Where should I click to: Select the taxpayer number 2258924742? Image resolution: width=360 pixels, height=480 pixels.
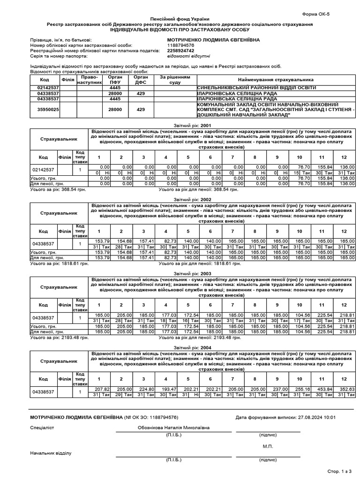(181, 51)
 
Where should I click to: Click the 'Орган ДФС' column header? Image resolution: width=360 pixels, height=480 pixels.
(140, 80)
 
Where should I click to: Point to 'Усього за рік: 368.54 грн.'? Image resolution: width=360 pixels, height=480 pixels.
(60, 189)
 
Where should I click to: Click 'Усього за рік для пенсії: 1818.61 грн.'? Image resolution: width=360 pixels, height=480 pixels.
(199, 264)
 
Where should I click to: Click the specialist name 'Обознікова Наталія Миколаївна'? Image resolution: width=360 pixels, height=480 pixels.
(174, 427)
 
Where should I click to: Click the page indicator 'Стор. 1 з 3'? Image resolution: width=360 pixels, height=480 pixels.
(339, 470)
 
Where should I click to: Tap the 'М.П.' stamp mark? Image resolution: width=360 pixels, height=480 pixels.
(268, 446)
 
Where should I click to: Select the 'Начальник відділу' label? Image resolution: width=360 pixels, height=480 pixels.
(51, 453)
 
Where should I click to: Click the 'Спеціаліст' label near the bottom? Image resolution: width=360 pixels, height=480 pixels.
(42, 427)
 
